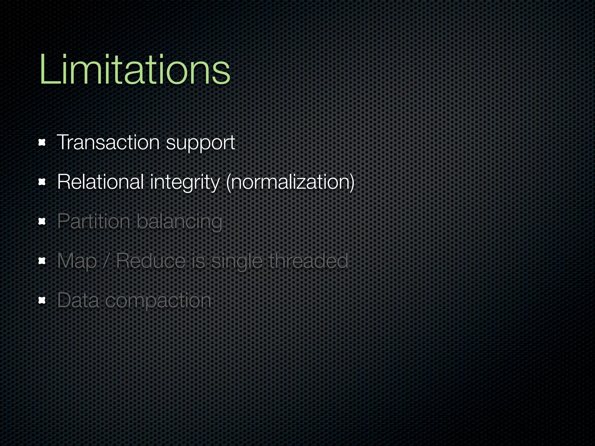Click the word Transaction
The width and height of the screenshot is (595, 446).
tap(108, 143)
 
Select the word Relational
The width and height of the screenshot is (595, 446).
tap(101, 182)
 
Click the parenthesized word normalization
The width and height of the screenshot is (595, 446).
tap(290, 183)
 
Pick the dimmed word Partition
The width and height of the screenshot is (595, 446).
tap(94, 222)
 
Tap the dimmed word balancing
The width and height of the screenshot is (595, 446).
tap(179, 222)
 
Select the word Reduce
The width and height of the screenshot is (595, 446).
tap(151, 261)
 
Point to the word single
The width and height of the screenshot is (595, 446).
tap(236, 262)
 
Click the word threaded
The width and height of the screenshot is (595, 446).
tap(308, 261)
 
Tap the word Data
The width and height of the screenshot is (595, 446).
tap(78, 300)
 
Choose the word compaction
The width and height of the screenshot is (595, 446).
tap(158, 301)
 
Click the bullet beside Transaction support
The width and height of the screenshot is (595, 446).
tap(42, 143)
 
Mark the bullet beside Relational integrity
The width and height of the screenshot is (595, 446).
tap(42, 182)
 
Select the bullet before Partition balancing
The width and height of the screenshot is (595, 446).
tap(42, 222)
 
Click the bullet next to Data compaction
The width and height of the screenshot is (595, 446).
tap(42, 301)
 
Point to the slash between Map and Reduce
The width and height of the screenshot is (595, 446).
tap(106, 261)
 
